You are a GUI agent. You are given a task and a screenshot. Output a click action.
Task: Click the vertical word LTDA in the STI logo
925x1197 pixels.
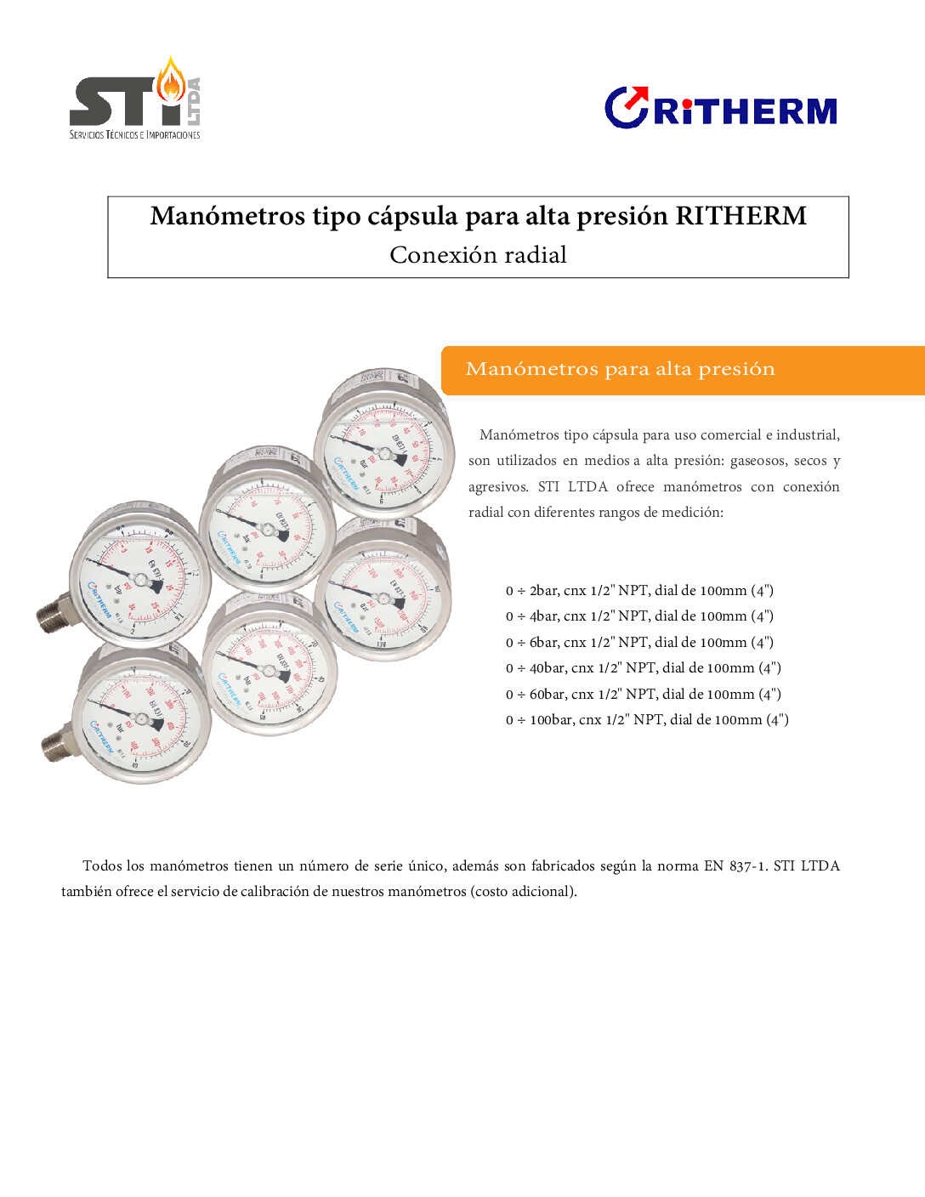194,101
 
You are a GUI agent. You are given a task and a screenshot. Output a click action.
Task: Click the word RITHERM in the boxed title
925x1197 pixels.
741,216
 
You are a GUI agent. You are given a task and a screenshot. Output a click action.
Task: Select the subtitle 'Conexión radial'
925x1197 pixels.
478,255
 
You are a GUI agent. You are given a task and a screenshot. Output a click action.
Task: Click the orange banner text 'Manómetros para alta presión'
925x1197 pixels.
620,369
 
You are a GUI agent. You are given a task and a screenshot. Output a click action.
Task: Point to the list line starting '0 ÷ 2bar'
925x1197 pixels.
639,591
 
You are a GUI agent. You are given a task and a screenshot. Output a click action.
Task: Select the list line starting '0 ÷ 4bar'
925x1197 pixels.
639,616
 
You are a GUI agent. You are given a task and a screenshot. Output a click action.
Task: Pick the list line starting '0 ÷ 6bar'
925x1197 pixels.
639,643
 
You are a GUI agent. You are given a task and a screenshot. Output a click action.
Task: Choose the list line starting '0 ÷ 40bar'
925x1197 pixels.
643,668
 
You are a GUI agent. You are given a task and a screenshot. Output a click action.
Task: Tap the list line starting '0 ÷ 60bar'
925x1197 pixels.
643,695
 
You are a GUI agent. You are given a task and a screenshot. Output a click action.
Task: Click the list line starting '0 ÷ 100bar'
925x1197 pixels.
647,720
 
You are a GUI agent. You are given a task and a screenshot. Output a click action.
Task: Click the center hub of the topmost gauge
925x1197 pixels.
383,454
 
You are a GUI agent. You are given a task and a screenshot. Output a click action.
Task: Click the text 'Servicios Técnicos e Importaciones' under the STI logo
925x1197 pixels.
134,135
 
